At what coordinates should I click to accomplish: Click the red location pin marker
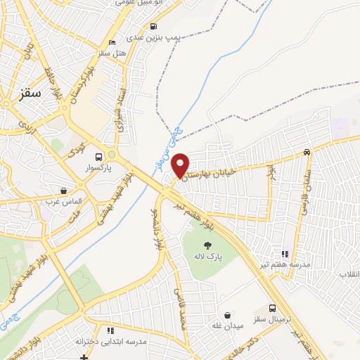click(181, 165)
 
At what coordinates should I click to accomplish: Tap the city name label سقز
click(32, 92)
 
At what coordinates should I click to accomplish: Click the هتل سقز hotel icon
click(113, 41)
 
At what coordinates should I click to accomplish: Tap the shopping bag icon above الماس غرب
click(64, 190)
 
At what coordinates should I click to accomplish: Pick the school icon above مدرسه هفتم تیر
click(285, 254)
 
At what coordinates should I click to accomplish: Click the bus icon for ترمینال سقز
click(273, 308)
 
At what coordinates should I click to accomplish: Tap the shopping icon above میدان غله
click(226, 314)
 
